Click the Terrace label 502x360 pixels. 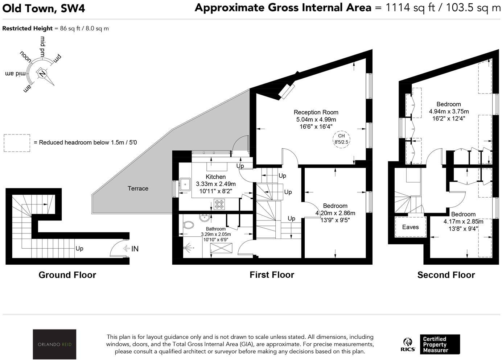pos(138,188)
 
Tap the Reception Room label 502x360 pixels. pos(316,112)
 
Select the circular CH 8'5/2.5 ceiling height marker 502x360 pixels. pos(341,139)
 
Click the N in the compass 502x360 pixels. pos(42,74)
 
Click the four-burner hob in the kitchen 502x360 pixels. pos(219,204)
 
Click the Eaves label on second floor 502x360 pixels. pos(410,227)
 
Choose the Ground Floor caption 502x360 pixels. pos(67,275)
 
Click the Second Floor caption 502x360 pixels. pos(446,275)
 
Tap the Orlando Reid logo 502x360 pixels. pos(54,344)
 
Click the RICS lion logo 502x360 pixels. pos(408,344)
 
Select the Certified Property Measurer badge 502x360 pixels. pos(439,344)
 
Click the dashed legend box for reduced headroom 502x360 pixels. pos(17,143)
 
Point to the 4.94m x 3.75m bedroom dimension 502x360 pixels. pos(449,111)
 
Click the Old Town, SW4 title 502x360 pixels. pos(44,8)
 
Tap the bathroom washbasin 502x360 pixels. pos(204,218)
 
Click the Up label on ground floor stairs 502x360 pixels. pos(79,248)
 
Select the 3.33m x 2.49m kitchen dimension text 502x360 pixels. pos(215,184)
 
